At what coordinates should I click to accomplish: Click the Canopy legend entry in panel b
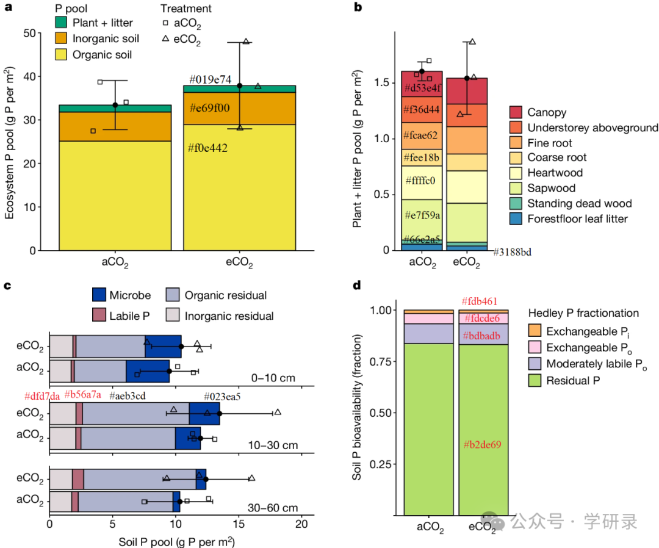547,112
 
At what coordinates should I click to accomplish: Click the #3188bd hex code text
513,252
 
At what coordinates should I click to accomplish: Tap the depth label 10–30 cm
273,445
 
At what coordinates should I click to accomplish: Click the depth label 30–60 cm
273,508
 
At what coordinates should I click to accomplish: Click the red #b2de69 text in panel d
481,444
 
